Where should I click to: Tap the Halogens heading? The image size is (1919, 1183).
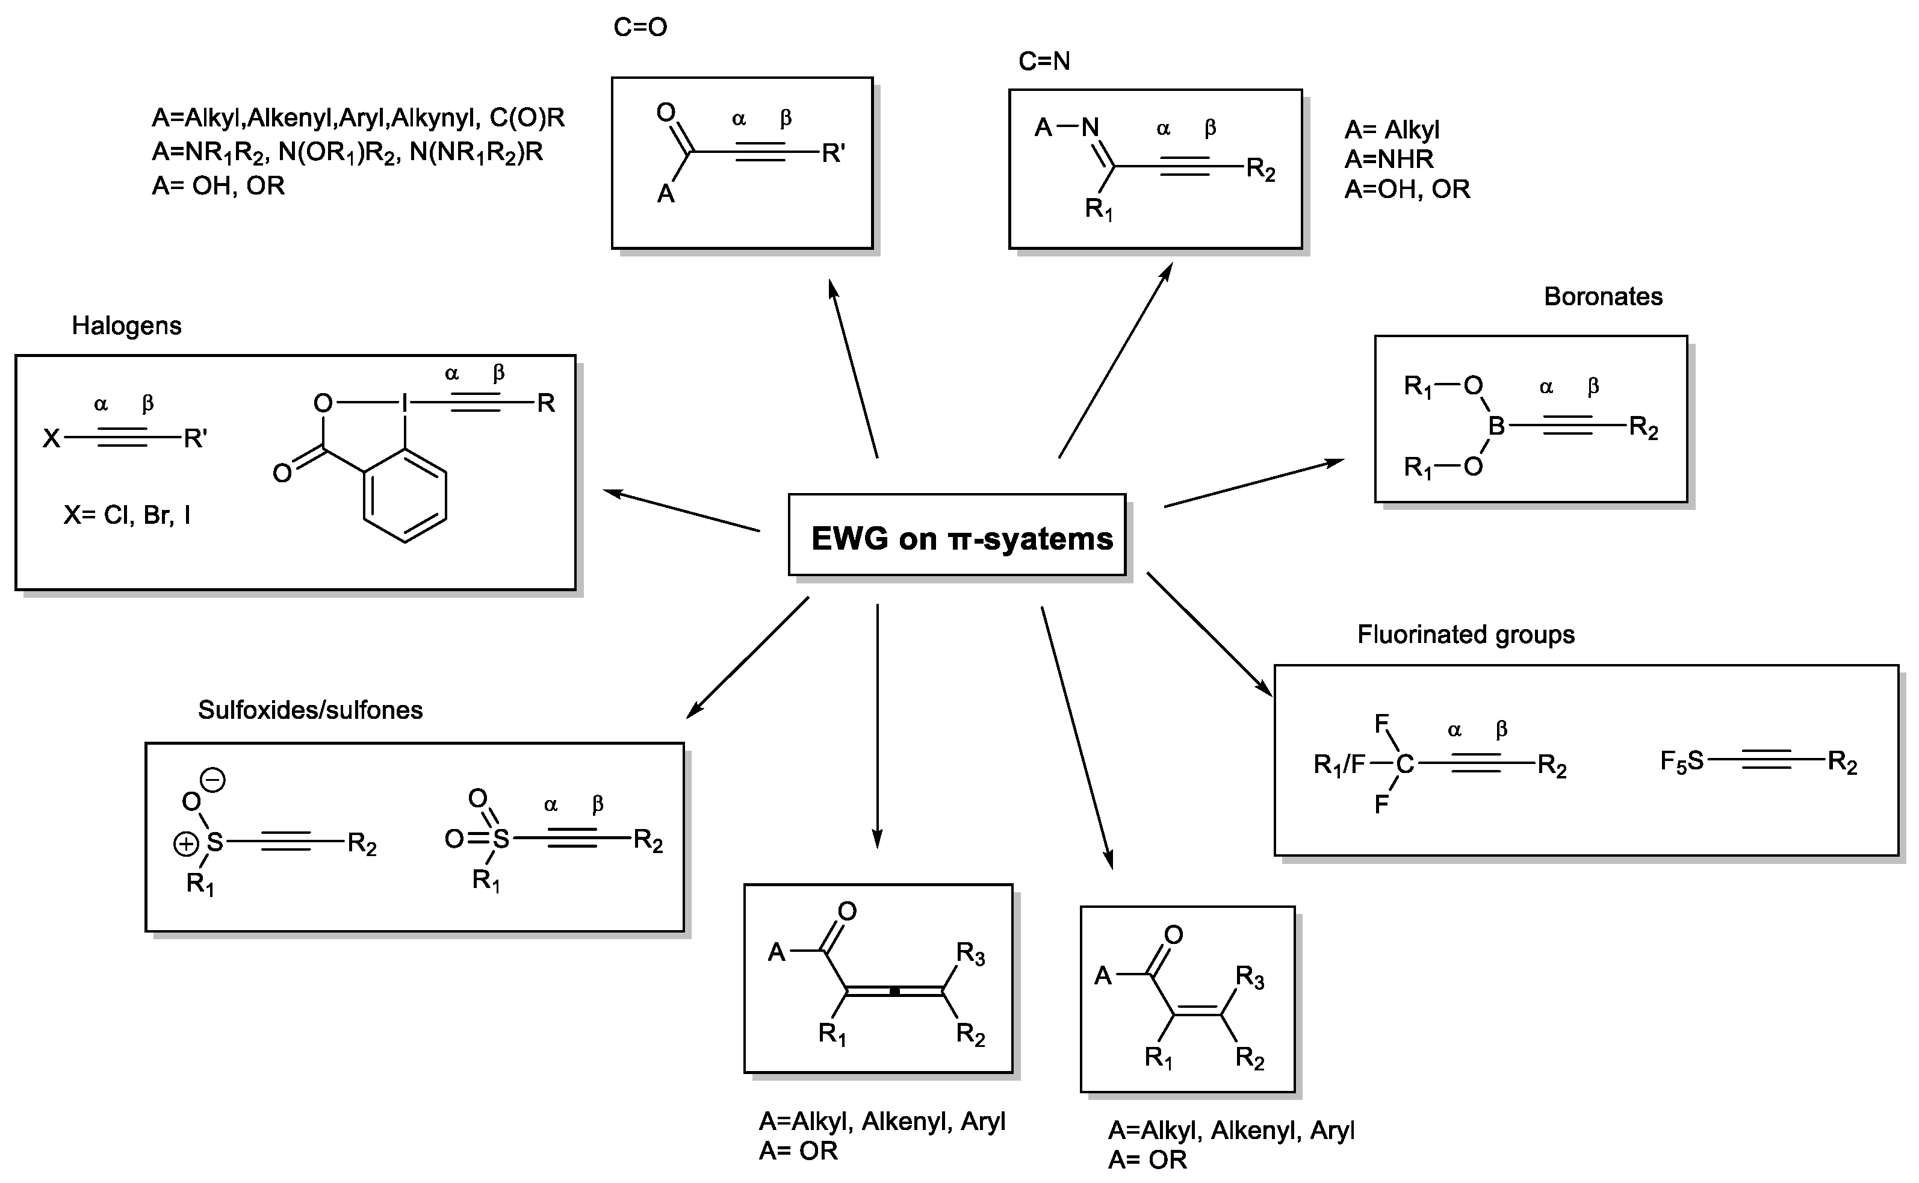[x=127, y=326]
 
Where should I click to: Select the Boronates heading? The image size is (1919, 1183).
[x=1603, y=297]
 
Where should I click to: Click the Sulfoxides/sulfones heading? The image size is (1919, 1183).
[x=310, y=710]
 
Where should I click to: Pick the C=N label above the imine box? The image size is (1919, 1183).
[x=1044, y=61]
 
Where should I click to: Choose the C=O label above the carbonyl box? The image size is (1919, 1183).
[x=640, y=27]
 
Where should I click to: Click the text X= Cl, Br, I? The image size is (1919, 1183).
[x=127, y=515]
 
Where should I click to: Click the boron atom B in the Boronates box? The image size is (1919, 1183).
[x=1496, y=426]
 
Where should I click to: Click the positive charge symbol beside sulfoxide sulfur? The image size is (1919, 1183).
[x=185, y=844]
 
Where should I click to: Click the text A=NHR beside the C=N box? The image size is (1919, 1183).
[x=1389, y=159]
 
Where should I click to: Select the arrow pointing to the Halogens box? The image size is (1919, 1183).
[x=681, y=510]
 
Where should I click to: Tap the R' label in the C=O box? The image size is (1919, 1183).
[x=833, y=154]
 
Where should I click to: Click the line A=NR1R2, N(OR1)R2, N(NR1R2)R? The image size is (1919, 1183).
[x=347, y=152]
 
